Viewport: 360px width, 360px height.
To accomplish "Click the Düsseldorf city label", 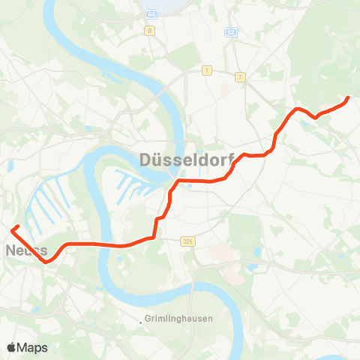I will (x=187, y=159).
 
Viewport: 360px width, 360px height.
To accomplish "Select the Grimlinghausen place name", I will (x=180, y=319).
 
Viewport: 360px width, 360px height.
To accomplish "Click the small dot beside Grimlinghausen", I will (x=141, y=322).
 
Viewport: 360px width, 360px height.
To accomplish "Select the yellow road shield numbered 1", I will (x=206, y=70).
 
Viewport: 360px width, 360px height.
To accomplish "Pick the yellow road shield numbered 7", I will (x=240, y=77).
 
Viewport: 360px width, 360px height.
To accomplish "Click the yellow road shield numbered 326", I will (x=187, y=241).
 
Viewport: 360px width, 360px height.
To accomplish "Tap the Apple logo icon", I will (x=12, y=347).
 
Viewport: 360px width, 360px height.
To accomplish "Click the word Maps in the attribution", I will (x=33, y=347).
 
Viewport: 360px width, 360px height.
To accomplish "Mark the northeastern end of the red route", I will (x=349, y=98).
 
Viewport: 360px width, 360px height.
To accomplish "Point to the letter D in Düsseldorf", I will (x=145, y=159).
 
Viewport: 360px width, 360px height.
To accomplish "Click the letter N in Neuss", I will (x=11, y=250).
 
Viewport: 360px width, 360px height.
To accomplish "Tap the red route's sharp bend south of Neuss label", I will (x=45, y=262).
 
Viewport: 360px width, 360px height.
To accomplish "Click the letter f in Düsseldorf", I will (x=231, y=159).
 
